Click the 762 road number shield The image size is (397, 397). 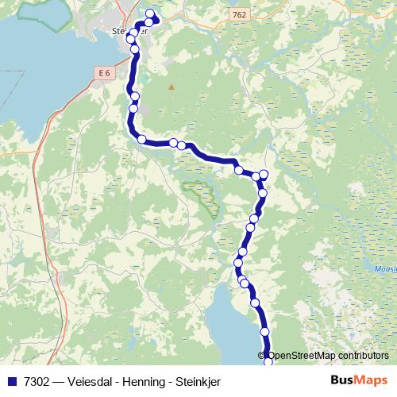coord(240,14)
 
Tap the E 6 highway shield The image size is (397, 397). coord(103,73)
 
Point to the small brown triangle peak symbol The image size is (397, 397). coord(171,87)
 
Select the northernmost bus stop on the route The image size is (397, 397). coord(150,13)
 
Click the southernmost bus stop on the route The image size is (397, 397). coord(268,362)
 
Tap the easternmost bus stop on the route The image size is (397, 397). coord(264,175)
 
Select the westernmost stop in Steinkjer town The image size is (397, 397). coord(131,39)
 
